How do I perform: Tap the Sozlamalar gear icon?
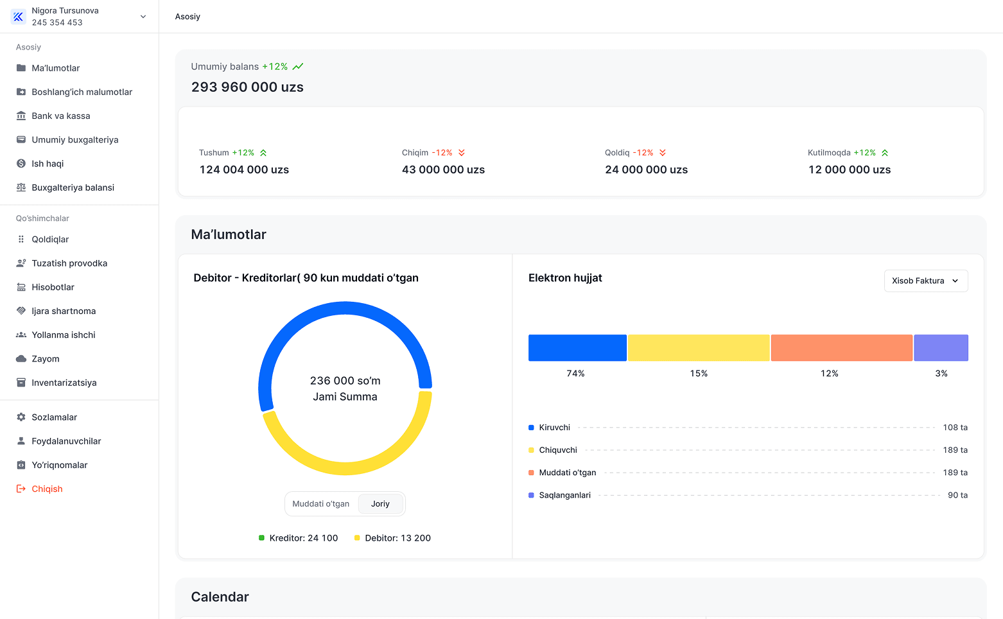point(21,417)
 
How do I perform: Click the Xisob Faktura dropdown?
point(925,281)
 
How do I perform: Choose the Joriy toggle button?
point(380,503)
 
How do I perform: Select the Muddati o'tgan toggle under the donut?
point(320,503)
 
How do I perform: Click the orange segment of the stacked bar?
point(841,347)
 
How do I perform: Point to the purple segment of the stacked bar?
point(941,347)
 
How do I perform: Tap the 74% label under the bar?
point(575,373)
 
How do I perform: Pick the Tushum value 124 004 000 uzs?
point(244,170)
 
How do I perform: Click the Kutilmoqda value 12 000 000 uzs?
point(850,170)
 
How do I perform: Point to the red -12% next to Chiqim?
point(442,153)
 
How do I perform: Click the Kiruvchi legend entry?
point(550,427)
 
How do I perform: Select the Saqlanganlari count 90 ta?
point(957,495)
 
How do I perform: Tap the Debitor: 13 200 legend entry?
point(392,538)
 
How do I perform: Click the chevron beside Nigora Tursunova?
point(143,17)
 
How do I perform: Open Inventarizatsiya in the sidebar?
point(56,383)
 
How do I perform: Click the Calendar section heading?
point(220,597)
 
